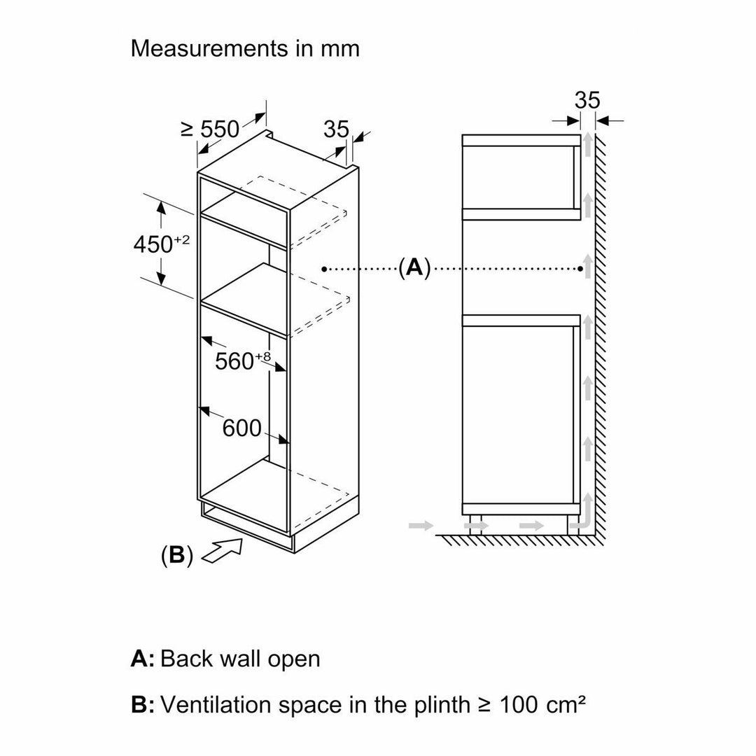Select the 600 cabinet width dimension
pyautogui.click(x=241, y=428)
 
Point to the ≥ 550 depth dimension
pyautogui.click(x=210, y=129)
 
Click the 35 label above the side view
pyautogui.click(x=587, y=100)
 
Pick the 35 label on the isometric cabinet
pyautogui.click(x=336, y=129)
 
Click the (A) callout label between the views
pyautogui.click(x=414, y=267)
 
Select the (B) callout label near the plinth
pyautogui.click(x=177, y=555)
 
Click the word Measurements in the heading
pyautogui.click(x=209, y=48)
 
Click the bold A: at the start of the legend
pyautogui.click(x=142, y=659)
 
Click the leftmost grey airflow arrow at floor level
pyautogui.click(x=421, y=525)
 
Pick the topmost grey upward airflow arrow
pyautogui.click(x=588, y=144)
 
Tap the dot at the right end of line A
pyautogui.click(x=580, y=269)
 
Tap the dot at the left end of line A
pyautogui.click(x=325, y=269)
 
